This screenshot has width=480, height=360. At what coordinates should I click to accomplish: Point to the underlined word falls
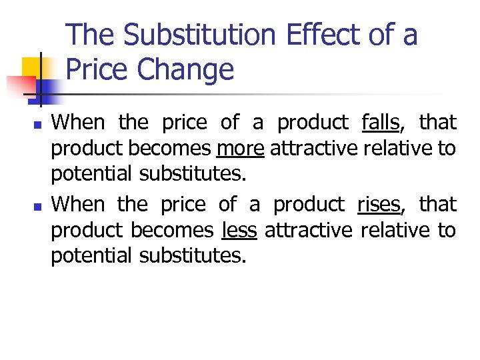tap(380, 123)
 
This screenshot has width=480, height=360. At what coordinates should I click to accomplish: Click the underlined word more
tap(241, 149)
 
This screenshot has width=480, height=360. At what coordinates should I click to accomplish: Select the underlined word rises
tap(379, 204)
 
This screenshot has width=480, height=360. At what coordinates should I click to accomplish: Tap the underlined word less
tap(239, 230)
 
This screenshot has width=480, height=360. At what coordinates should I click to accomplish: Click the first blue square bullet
tap(37, 125)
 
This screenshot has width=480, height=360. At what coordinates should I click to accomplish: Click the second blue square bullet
tap(37, 206)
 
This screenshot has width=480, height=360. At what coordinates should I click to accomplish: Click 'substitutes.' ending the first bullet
tap(193, 175)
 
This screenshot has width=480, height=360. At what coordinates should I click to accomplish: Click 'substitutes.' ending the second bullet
tap(193, 256)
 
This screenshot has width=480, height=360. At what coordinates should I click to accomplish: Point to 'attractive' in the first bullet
tap(313, 149)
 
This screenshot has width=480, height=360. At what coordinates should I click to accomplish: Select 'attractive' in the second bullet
tap(309, 230)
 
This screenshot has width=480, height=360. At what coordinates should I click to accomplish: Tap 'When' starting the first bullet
tap(78, 123)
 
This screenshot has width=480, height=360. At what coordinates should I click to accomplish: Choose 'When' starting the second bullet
tap(78, 204)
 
